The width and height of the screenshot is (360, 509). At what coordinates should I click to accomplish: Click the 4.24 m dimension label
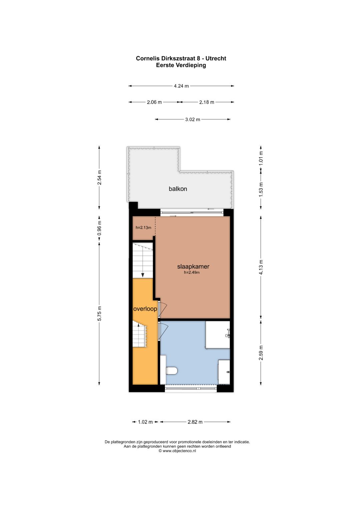(181, 86)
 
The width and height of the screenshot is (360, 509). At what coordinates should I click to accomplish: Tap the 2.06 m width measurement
(154, 102)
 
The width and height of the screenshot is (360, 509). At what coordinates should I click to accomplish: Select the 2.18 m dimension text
(207, 102)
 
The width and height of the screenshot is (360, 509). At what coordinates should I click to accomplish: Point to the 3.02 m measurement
(193, 119)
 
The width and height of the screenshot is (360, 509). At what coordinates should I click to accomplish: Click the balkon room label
(178, 189)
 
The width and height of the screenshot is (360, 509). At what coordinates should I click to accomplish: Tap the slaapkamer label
(193, 267)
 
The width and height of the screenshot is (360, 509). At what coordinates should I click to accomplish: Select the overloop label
(145, 309)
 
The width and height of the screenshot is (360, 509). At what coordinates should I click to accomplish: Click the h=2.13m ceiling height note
(143, 227)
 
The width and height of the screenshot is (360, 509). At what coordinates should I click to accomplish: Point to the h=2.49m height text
(192, 272)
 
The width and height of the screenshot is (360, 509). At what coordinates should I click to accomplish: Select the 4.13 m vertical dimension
(261, 267)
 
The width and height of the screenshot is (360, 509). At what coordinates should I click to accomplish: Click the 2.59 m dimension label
(261, 353)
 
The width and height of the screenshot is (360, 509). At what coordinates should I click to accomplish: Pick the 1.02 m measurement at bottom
(145, 422)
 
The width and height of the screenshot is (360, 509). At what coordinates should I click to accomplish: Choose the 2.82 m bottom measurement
(195, 422)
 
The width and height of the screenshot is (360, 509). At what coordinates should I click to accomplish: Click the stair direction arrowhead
(143, 275)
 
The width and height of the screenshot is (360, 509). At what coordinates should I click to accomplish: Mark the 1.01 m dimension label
(261, 158)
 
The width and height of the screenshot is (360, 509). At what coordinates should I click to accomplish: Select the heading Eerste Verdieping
(181, 65)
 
